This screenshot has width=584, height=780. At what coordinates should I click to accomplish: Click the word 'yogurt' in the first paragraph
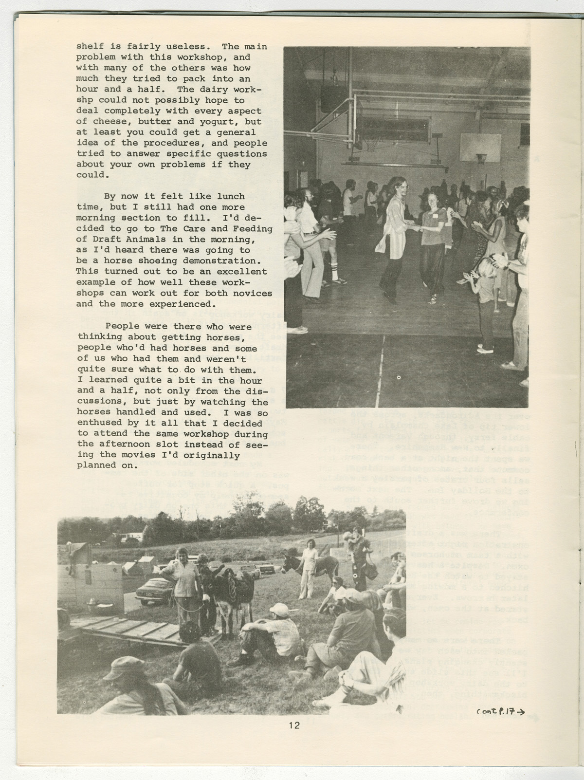(244, 122)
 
